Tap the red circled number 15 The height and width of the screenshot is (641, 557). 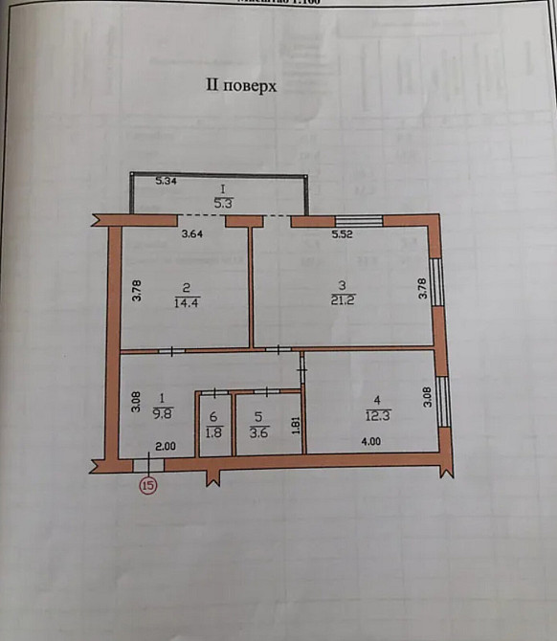[148, 485]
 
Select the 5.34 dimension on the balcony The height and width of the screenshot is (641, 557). [167, 181]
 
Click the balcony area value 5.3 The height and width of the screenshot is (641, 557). [221, 203]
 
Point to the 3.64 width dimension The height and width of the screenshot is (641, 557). [194, 233]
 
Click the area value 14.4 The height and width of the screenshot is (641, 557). [187, 303]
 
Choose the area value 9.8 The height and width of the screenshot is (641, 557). [163, 414]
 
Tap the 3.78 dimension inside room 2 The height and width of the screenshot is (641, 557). [138, 290]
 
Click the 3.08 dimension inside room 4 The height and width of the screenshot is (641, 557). [428, 396]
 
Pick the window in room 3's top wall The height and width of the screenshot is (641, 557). [358, 221]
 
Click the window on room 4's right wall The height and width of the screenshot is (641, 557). [442, 401]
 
